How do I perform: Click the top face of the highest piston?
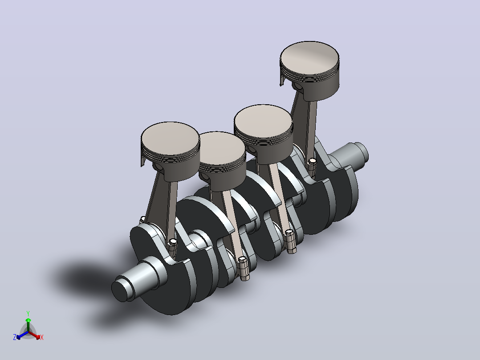pos(309,58)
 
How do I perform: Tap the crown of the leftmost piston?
pos(170,139)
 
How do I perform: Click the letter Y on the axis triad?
pos(28,314)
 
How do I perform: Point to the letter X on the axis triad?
pos(42,337)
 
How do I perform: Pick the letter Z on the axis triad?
pos(15,337)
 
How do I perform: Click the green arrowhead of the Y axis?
pos(28,320)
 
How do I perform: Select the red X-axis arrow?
pos(34,335)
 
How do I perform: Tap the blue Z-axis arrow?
pos(22,335)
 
